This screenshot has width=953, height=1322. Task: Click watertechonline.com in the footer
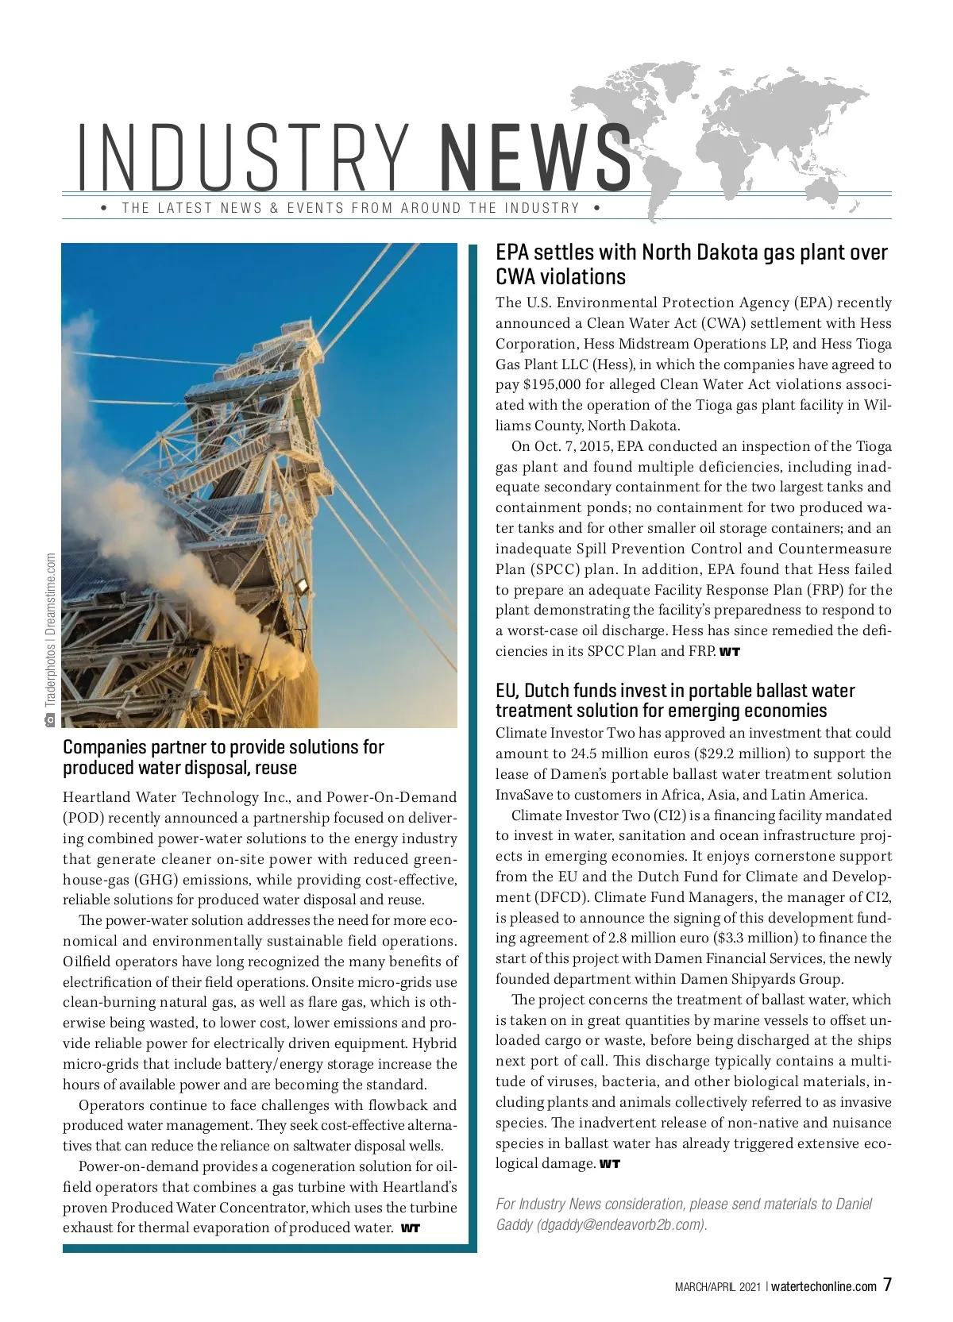[x=824, y=1287]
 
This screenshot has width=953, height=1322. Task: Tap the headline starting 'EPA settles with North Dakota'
[x=691, y=264]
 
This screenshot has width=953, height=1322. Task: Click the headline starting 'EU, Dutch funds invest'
[x=675, y=700]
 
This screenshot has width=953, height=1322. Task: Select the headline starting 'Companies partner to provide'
[x=223, y=757]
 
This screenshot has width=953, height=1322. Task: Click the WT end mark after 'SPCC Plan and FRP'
[x=730, y=652]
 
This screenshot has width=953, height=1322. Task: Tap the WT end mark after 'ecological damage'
[x=609, y=1165]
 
